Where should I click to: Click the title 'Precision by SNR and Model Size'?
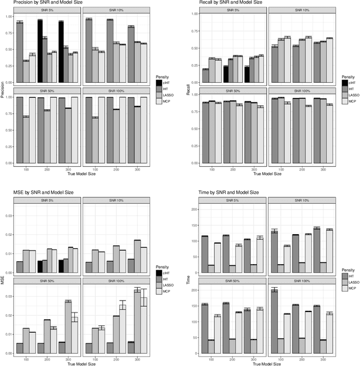tap(40, 3)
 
